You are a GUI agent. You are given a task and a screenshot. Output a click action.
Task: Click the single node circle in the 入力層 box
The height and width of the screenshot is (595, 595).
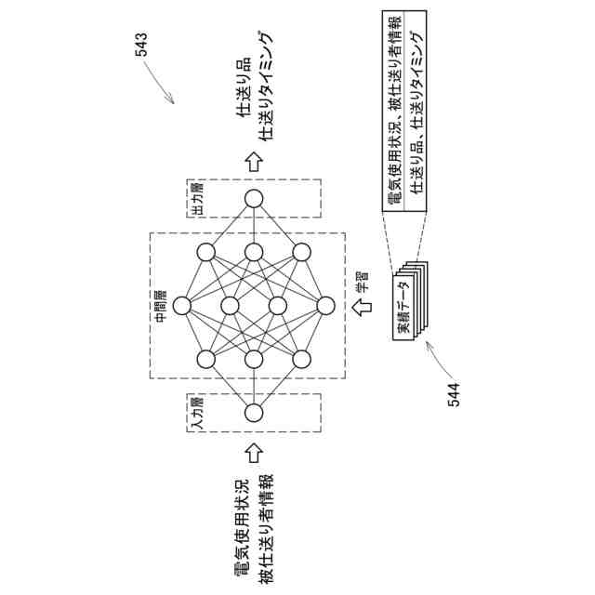[254, 414]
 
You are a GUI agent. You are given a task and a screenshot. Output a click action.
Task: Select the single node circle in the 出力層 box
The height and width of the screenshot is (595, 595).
[254, 198]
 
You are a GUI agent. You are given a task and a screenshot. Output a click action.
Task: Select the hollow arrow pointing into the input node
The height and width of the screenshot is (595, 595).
[254, 453]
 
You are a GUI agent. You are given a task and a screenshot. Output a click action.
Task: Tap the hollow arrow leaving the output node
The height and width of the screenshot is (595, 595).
[254, 160]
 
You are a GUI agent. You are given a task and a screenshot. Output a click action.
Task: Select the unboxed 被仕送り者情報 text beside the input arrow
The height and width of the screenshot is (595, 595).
[266, 525]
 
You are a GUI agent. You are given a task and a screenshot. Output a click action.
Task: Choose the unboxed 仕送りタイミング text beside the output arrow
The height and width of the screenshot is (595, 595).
[267, 86]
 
